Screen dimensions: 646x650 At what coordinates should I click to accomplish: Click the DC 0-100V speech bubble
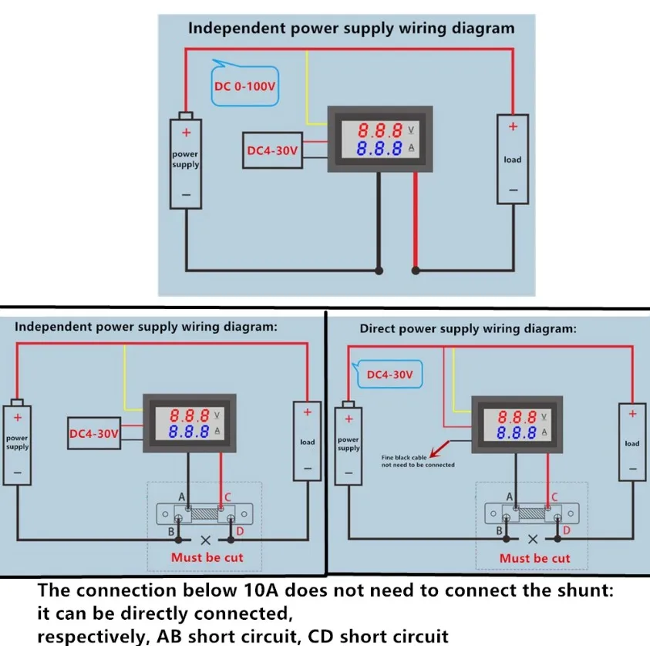pyautogui.click(x=244, y=86)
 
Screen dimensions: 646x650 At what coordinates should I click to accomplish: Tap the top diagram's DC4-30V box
pyautogui.click(x=272, y=151)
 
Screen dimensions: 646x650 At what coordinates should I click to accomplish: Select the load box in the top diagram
pyautogui.click(x=513, y=159)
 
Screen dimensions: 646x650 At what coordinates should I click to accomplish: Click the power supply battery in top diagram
pyautogui.click(x=185, y=160)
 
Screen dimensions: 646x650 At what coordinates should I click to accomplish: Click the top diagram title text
pyautogui.click(x=352, y=29)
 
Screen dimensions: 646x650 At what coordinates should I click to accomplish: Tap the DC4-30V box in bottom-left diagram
pyautogui.click(x=94, y=434)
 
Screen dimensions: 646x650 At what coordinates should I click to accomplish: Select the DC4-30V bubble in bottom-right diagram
pyautogui.click(x=389, y=375)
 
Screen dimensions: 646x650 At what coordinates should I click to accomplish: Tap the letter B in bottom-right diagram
pyautogui.click(x=500, y=532)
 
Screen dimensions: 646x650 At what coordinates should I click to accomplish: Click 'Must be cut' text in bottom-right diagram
pyautogui.click(x=534, y=558)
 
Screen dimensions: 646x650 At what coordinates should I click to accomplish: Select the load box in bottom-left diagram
pyautogui.click(x=307, y=442)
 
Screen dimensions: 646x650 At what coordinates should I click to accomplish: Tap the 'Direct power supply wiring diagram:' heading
pyautogui.click(x=467, y=328)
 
